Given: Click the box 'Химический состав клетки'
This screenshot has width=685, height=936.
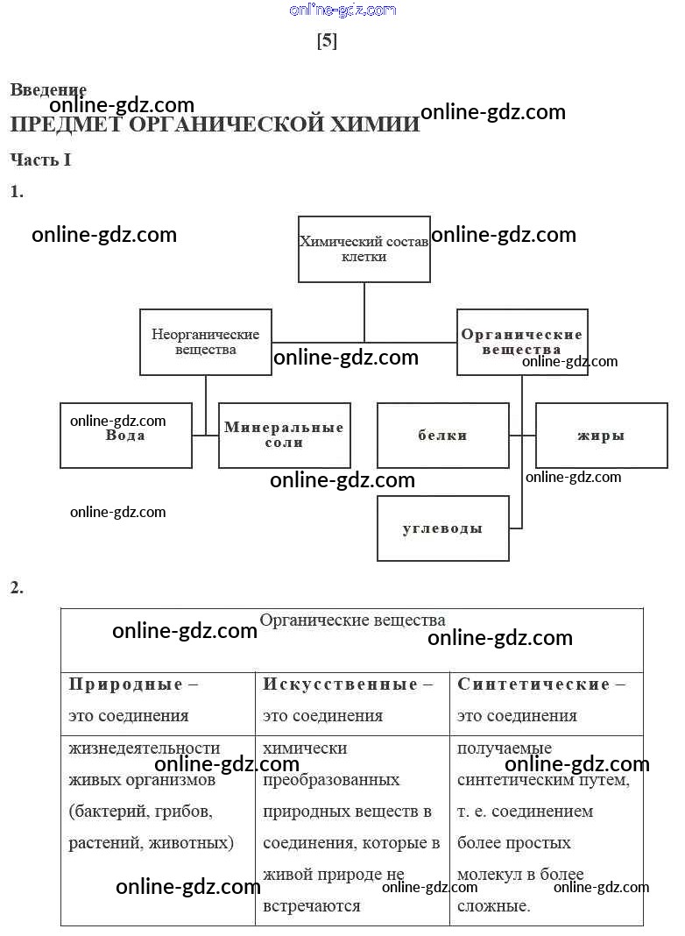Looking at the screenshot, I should [x=364, y=249].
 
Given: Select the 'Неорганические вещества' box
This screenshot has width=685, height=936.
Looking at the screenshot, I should [x=206, y=342].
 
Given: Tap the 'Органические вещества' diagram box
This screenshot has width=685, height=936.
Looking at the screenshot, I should [x=522, y=342].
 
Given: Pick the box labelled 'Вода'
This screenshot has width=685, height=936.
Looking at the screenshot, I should [x=125, y=436].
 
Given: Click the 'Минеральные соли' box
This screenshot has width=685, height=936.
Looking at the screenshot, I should [x=284, y=436].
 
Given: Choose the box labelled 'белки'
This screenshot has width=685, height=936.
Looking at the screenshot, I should [x=442, y=436].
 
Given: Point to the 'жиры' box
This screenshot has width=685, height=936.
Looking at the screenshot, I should [x=601, y=436].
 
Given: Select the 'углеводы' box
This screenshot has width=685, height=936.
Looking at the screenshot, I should [x=442, y=528].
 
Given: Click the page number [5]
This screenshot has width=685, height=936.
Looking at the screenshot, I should [x=327, y=41].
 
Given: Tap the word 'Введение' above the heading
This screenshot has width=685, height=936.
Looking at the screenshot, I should [x=48, y=89].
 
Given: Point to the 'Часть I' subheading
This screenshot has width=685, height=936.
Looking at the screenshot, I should [x=40, y=160].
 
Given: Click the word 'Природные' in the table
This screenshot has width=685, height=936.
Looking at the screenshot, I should [x=126, y=684].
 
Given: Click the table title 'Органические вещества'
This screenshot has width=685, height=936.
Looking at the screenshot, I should [x=352, y=620].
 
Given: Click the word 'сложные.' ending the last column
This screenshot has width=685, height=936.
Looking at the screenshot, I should [x=493, y=906].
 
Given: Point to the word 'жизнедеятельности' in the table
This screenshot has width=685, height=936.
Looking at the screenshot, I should [x=145, y=748].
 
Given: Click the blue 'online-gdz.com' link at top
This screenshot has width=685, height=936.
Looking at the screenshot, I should [x=342, y=11].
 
